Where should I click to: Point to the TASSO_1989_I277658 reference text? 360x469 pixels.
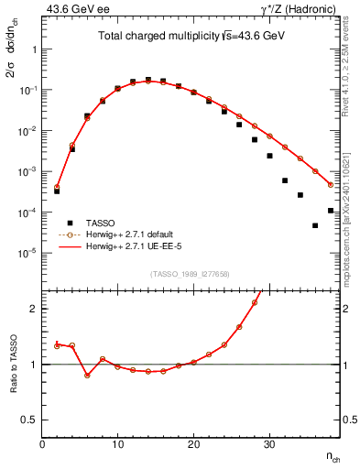pyautogui.click(x=191, y=274)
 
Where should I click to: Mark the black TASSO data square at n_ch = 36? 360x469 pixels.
pyautogui.click(x=315, y=225)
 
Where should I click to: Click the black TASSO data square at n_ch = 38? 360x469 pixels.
pyautogui.click(x=331, y=211)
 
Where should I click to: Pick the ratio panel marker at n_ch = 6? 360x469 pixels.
pyautogui.click(x=87, y=376)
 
